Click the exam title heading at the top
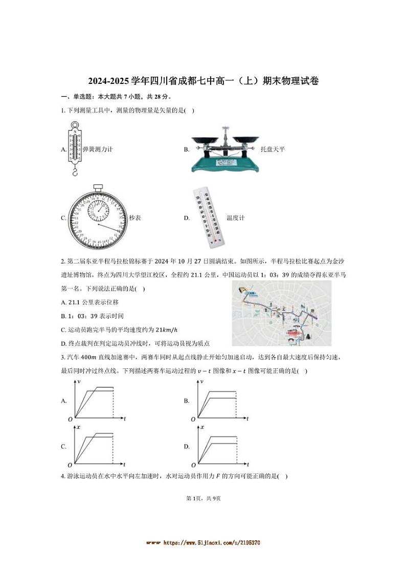(x=203, y=81)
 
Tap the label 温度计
(x=235, y=218)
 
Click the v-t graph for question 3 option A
(x=97, y=400)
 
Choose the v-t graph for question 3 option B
(x=220, y=400)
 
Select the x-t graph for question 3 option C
(x=97, y=446)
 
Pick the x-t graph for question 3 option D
(x=220, y=446)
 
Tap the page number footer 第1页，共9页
(x=203, y=498)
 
